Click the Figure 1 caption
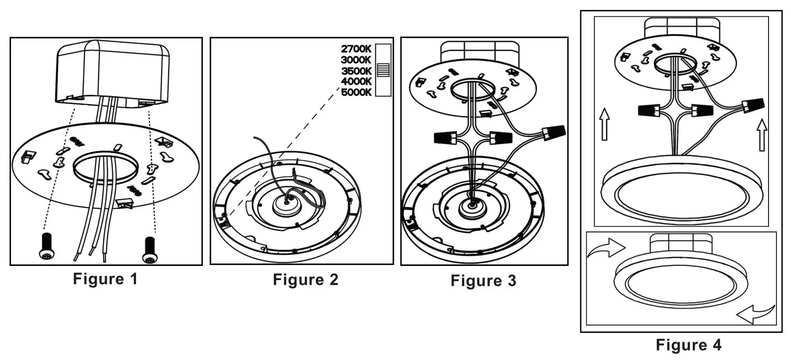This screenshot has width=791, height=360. coord(105,278)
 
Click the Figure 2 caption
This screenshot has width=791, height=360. coord(305,280)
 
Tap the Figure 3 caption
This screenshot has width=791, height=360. coord(484,281)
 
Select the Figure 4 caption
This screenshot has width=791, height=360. coord(689,345)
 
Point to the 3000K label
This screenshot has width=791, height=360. coord(356,60)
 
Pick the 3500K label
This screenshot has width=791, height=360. coord(356,71)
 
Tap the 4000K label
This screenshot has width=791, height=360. coord(356,81)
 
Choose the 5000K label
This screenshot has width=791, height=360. coord(356,92)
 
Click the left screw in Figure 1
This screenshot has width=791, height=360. coord(45,246)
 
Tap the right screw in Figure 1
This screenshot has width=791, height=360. coord(150,247)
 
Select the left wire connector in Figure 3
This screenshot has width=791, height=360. coord(445,138)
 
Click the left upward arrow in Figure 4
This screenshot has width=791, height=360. coord(604,123)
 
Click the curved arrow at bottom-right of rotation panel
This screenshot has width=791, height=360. coord(754,313)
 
